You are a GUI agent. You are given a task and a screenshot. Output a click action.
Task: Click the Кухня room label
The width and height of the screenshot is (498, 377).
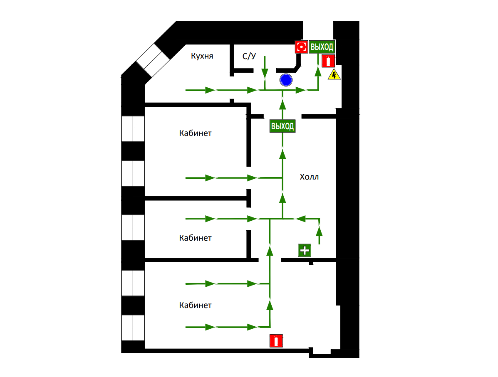click(x=202, y=56)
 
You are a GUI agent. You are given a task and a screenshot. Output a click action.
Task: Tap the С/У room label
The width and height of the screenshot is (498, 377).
click(x=249, y=56)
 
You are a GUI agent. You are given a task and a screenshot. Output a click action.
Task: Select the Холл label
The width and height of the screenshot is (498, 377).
click(x=310, y=177)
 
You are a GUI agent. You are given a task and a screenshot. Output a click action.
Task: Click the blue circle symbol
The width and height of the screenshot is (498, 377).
click(x=286, y=80)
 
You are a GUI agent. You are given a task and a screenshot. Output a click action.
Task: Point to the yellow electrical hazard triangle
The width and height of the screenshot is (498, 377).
click(x=334, y=74)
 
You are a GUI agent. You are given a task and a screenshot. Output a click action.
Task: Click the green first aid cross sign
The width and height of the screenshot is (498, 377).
click(x=305, y=250)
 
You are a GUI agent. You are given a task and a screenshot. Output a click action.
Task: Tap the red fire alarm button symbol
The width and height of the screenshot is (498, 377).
click(x=301, y=47)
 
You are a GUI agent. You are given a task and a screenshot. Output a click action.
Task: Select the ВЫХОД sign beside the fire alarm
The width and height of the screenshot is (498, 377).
click(x=322, y=47)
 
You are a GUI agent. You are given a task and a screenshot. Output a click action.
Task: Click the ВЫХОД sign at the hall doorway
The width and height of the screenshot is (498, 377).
click(x=282, y=126)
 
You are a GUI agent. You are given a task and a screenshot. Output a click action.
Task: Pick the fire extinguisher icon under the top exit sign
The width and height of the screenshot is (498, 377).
click(x=328, y=61)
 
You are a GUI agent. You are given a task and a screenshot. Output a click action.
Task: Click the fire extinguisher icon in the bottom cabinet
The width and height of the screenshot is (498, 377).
click(x=276, y=341)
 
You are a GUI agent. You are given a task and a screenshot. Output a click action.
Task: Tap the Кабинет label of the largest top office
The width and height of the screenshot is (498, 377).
click(x=195, y=133)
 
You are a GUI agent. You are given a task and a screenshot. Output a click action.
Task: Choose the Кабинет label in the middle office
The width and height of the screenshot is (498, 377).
click(x=195, y=238)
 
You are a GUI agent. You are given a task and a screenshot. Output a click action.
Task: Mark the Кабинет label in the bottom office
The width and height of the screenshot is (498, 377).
click(x=195, y=305)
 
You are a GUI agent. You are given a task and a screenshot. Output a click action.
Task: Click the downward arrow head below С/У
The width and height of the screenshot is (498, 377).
click(x=265, y=74)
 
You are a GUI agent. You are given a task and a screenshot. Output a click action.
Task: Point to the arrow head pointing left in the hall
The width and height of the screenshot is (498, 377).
click(x=300, y=219)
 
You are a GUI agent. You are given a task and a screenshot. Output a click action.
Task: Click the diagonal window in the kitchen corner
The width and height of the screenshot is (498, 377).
click(x=154, y=60)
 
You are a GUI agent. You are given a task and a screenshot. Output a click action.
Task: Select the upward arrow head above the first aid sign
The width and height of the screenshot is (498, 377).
click(x=319, y=231)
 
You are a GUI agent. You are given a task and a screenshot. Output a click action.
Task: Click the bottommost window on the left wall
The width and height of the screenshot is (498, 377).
click(x=133, y=328)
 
